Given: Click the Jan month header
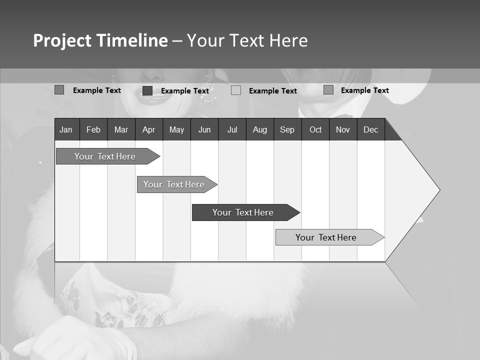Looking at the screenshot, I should coord(66,129).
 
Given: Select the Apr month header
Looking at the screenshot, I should coord(148,129).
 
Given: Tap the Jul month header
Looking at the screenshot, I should coord(232,129).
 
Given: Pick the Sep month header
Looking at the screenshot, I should coord(287,129).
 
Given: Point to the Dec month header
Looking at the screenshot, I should coord(370,129).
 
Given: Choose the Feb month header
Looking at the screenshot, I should coord(93,129).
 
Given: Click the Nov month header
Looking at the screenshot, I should coord(343,129).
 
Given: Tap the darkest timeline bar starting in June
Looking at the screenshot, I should coord(243,212).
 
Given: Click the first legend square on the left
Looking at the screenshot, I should coord(59,90).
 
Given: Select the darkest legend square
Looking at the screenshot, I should coord(147,90).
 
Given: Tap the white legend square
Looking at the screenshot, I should coord(236,90).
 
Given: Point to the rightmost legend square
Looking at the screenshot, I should coord(328,90).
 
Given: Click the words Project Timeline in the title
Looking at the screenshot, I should coord(100,40).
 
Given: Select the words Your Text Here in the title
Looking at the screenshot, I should coord(247,40).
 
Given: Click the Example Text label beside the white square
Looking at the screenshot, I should coord(273,90).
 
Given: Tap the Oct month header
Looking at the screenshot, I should coord(315,129).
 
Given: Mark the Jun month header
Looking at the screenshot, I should coord(204,129).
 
